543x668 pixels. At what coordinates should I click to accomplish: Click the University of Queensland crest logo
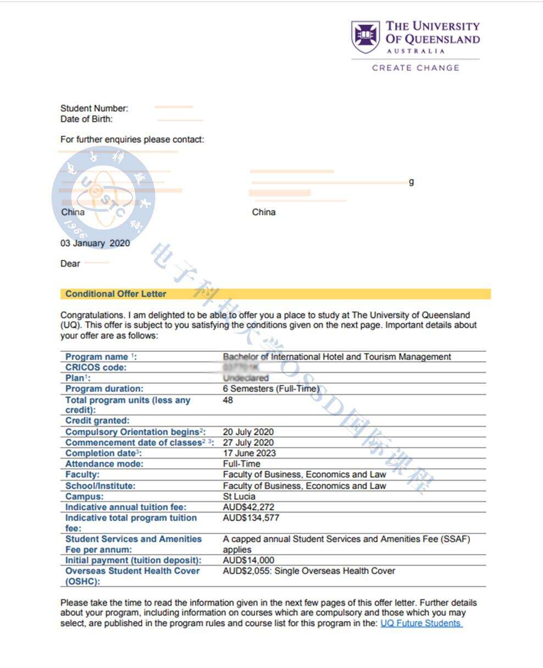point(365,37)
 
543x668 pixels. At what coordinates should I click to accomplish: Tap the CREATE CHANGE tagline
point(415,68)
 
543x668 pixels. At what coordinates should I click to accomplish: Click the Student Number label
point(94,108)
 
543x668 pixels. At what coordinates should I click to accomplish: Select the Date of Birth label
point(86,119)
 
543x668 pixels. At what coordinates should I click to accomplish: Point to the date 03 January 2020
point(95,243)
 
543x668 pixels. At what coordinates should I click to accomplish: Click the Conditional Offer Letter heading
point(115,294)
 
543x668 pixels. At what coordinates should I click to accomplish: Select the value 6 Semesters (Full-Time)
point(271,389)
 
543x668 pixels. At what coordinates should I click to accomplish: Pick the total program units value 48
point(228,400)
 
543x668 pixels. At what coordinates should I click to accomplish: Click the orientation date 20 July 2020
point(248,432)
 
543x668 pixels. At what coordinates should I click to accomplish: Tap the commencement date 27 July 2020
point(248,443)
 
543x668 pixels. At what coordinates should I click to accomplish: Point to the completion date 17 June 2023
point(249,453)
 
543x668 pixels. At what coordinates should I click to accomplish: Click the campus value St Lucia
point(239,496)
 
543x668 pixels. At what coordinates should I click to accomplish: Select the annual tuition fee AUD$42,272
point(249,507)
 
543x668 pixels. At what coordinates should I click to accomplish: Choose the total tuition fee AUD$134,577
point(251,518)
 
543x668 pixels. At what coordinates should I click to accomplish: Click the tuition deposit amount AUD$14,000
point(248,560)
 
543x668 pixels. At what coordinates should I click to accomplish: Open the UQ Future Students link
point(420,623)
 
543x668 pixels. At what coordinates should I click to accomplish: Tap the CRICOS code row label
point(96,367)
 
